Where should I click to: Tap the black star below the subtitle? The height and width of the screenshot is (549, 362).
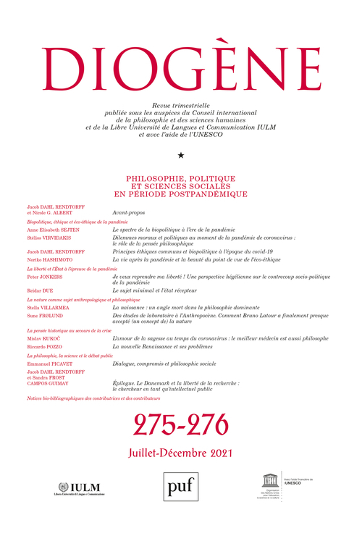click(180, 156)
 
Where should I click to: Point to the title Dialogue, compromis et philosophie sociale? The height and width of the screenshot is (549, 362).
click(167, 364)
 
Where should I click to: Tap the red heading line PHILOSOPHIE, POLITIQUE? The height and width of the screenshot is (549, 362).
click(180, 176)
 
